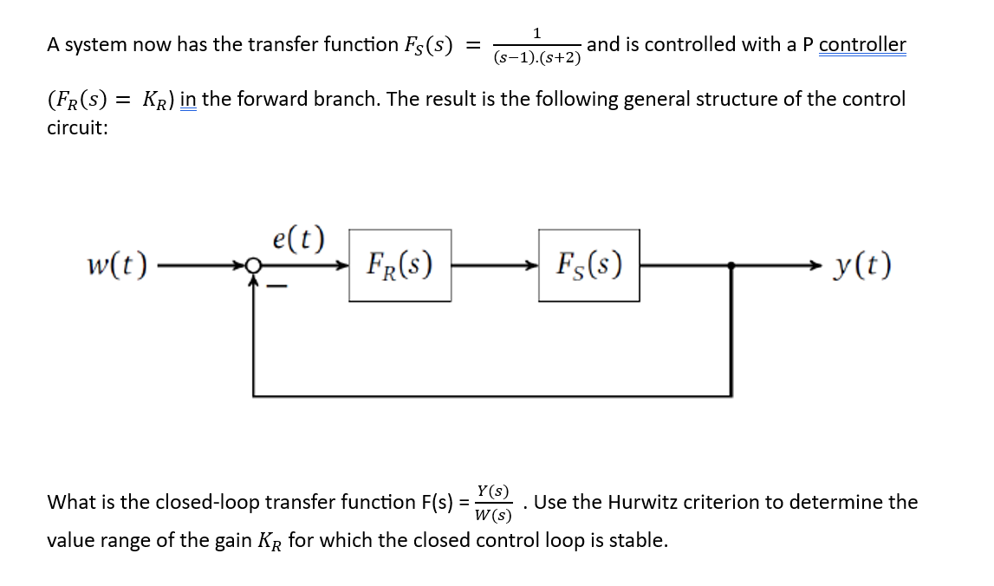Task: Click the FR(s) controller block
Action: (400, 264)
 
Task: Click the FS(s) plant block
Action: (589, 264)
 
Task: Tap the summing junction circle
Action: (254, 265)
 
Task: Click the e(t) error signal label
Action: (297, 237)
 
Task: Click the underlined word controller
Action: (862, 44)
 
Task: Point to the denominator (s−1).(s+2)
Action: (538, 59)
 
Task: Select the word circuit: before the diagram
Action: (77, 128)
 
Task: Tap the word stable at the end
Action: (637, 541)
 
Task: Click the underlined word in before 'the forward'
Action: (189, 99)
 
